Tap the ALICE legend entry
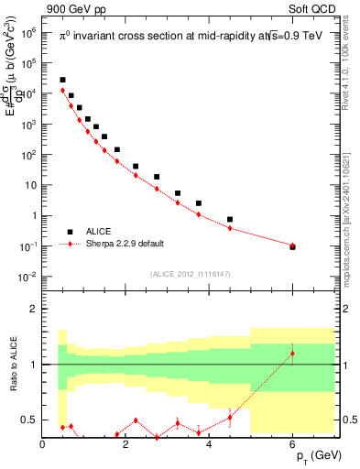(99, 232)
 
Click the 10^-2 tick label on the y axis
(27, 277)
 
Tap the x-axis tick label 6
(293, 445)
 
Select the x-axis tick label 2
(126, 445)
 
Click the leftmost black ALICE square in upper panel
(62, 80)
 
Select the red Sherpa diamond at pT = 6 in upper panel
(292, 245)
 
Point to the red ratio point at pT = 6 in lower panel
(292, 354)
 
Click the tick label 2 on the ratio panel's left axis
(34, 309)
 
